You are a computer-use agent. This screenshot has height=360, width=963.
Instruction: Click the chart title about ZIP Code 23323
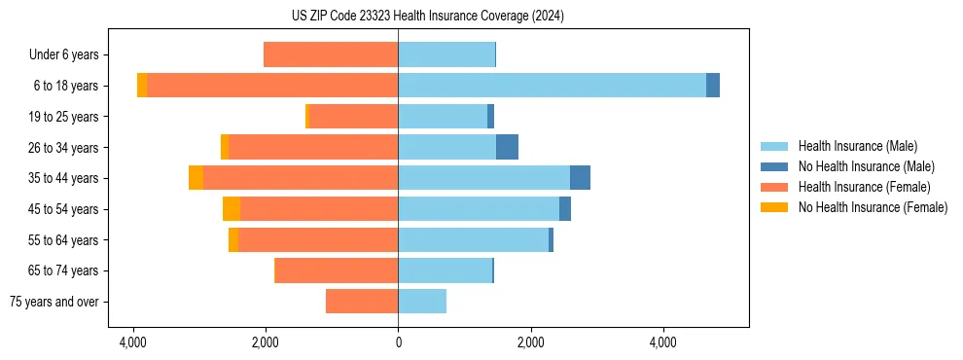tap(481, 17)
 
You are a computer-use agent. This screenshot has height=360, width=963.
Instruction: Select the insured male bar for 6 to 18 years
tap(552, 86)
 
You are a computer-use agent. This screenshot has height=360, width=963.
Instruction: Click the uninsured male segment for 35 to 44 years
tap(580, 178)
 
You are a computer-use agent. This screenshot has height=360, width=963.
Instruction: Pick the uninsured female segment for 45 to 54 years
tap(232, 209)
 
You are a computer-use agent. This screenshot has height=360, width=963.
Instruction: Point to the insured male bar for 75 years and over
tap(422, 302)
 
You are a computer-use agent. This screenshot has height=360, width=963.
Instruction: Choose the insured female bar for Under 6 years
tap(331, 54)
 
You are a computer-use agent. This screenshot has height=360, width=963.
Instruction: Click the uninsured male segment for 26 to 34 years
tap(507, 147)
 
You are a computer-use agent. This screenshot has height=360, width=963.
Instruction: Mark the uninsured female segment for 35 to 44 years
tap(196, 178)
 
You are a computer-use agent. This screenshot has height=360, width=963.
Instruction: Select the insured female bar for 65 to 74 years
tap(337, 270)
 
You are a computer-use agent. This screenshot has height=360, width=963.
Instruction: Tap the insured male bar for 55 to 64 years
tap(473, 239)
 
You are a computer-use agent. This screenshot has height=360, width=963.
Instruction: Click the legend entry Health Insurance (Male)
tap(857, 146)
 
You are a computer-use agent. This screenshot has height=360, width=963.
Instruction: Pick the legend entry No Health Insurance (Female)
tap(873, 207)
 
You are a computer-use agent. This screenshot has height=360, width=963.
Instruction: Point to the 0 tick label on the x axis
tap(398, 342)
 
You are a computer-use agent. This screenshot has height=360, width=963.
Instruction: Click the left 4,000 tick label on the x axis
tap(133, 342)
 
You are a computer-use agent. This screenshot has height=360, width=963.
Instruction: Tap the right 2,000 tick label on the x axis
tap(530, 342)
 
